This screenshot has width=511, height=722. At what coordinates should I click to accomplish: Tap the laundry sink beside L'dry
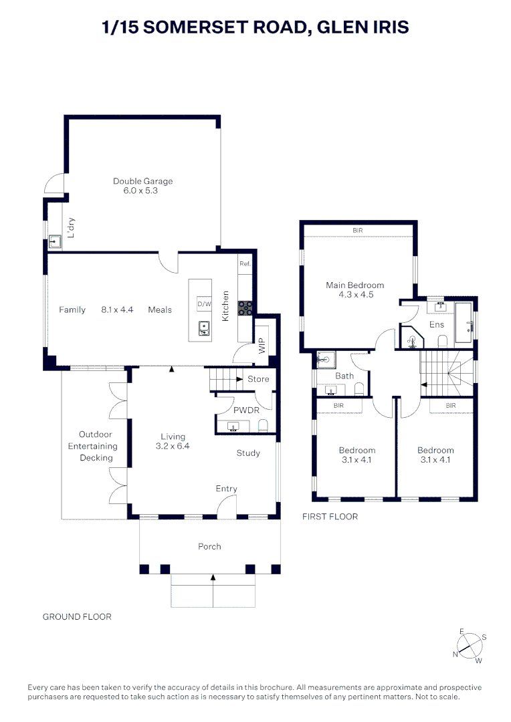click(x=54, y=241)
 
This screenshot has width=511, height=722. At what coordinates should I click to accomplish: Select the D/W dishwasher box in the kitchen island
click(x=203, y=305)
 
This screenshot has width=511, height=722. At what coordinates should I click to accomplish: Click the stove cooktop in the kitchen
click(x=245, y=308)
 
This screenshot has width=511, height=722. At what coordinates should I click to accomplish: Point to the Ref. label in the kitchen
click(x=244, y=264)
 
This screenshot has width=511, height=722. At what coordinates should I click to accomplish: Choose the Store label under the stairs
click(x=258, y=379)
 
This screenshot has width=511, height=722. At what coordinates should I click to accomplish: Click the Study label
click(x=248, y=453)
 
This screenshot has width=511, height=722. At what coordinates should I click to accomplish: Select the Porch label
click(x=209, y=546)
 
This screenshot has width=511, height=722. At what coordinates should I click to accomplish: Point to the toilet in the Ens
click(x=442, y=341)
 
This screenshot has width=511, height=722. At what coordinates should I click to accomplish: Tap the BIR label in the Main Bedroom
click(x=358, y=231)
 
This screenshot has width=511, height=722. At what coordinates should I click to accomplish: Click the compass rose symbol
click(x=470, y=646)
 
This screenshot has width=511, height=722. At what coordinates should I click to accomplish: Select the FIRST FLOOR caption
click(x=330, y=517)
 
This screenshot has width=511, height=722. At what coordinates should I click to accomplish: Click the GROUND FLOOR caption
click(x=77, y=616)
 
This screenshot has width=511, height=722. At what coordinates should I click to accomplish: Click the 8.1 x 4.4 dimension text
click(x=117, y=310)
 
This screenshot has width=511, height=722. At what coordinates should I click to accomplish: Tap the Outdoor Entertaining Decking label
click(x=97, y=446)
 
